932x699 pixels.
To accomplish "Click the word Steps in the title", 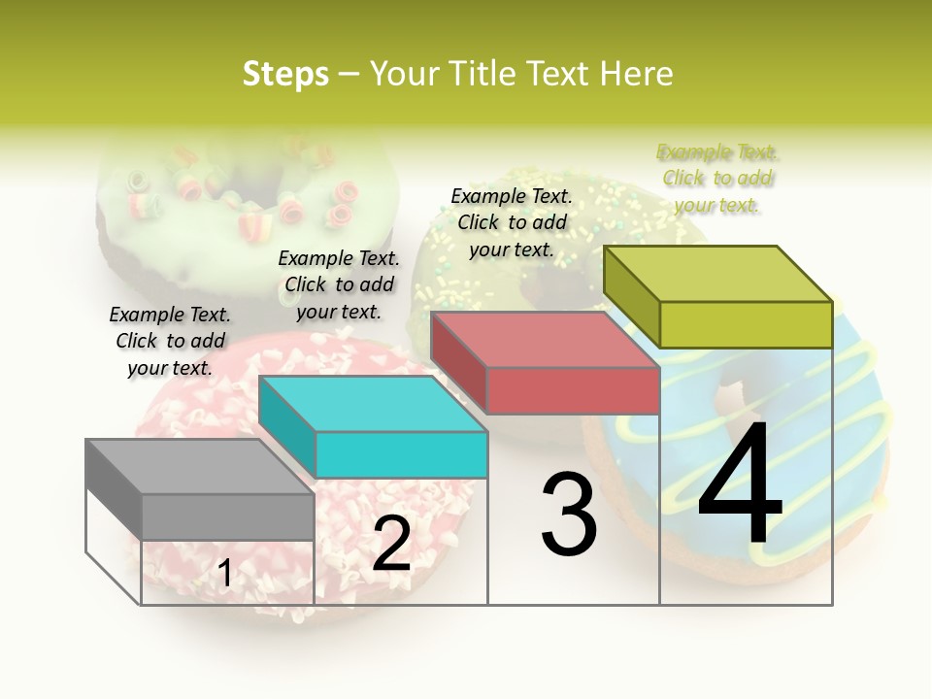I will [x=285, y=74].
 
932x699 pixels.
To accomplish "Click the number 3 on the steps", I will [x=569, y=515].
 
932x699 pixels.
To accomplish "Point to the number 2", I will [x=391, y=545].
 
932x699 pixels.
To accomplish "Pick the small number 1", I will [x=224, y=574].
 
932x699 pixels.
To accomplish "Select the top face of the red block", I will [x=544, y=340].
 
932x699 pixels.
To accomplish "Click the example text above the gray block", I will [x=170, y=341].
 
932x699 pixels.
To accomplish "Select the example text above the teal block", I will [x=339, y=284].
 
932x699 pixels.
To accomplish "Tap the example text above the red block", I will [x=512, y=222].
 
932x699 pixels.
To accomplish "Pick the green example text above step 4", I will [x=717, y=178].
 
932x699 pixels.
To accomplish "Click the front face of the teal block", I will [x=401, y=455].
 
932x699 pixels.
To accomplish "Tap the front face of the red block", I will [x=573, y=390].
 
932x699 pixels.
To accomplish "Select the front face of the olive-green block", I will [x=746, y=324].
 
